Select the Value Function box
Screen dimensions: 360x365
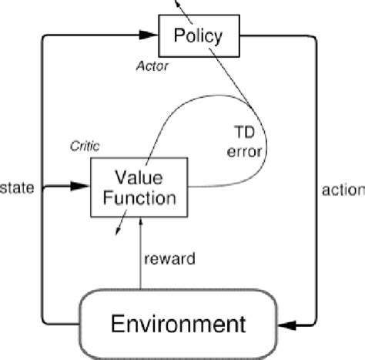point(138,187)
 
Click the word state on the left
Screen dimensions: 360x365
point(17,187)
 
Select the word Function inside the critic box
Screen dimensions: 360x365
point(139,197)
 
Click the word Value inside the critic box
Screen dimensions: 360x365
point(139,176)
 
